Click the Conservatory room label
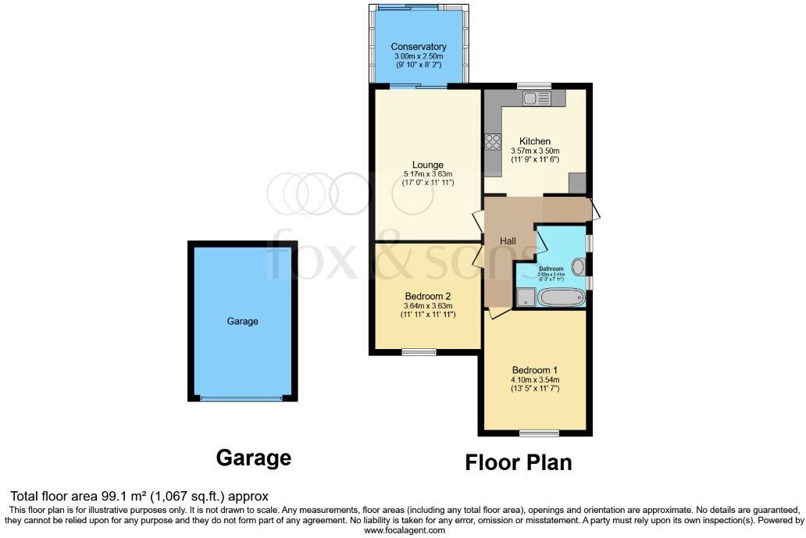419,46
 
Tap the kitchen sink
537,98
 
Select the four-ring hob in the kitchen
493,141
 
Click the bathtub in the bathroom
560,298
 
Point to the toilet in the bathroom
578,267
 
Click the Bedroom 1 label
534,369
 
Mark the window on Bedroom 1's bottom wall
538,433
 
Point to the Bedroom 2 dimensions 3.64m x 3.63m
427,305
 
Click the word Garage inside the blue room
242,321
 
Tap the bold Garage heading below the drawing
253,458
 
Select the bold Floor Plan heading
519,462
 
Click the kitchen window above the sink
534,85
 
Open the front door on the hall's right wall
594,209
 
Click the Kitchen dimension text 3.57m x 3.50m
535,151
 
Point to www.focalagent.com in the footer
404,530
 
